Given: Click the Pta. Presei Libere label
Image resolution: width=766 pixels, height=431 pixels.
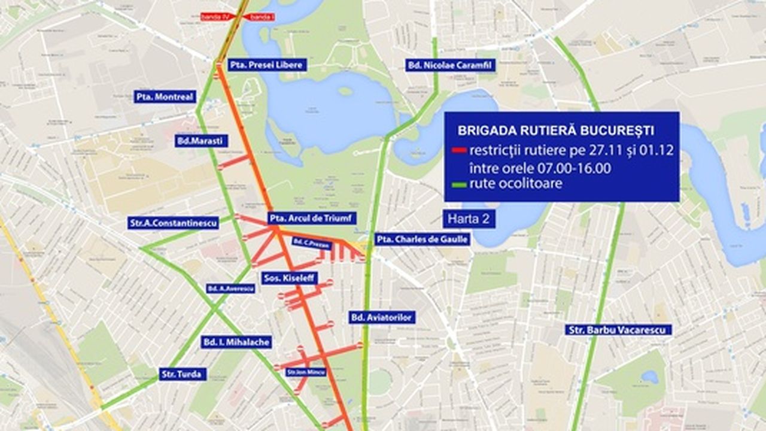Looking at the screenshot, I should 268,65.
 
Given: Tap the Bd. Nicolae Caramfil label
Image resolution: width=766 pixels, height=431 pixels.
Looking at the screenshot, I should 443,65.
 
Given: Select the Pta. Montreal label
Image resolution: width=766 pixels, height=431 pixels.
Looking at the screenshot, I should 165,96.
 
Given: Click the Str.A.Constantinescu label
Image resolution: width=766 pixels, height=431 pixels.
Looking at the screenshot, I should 174,223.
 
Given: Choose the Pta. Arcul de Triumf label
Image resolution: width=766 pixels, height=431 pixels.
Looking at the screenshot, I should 312,218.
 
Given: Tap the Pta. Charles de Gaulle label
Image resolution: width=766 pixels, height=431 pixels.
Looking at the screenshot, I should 421,239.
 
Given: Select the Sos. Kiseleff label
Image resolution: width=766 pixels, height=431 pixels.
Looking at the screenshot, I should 289,278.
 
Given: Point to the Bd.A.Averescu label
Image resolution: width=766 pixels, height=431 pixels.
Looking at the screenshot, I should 230,289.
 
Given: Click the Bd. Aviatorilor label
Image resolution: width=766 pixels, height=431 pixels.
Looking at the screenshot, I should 382,317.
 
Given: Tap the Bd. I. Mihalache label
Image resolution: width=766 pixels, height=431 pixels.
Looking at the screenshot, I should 236,342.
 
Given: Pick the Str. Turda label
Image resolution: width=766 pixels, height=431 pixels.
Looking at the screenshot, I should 183,375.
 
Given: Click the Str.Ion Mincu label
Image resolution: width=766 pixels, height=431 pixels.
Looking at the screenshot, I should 306,372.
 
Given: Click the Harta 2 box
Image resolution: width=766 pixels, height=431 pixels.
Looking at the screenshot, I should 469,219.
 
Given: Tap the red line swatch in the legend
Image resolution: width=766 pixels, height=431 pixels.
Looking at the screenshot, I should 460,150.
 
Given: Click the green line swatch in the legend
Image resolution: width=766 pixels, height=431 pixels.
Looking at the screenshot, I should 460,185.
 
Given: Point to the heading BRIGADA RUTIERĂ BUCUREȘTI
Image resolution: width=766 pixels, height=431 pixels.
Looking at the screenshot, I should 555,130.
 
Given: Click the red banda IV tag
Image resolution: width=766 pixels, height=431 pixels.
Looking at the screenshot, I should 215,17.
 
